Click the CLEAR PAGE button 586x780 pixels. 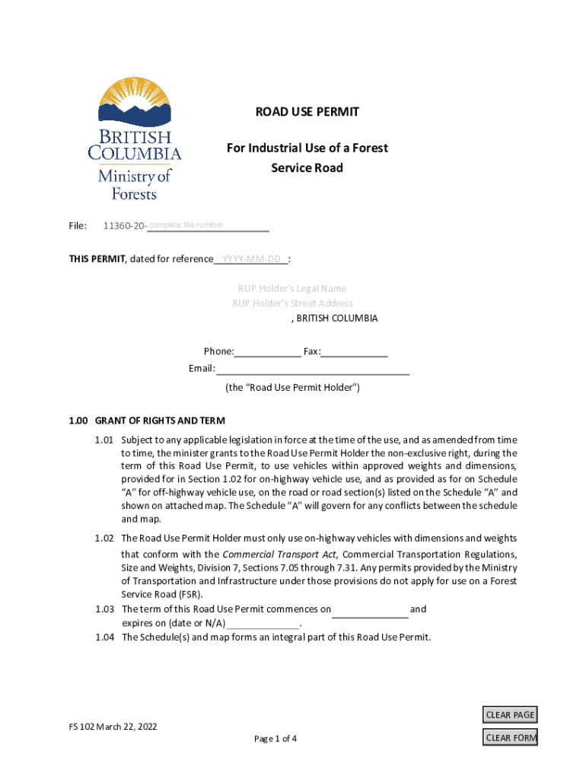point(510,714)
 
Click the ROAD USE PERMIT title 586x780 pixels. point(307,112)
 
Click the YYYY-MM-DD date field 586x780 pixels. point(250,259)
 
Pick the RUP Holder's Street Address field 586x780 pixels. point(292,303)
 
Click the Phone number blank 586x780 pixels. point(267,351)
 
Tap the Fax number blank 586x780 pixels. point(355,351)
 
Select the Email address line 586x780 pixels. point(313,369)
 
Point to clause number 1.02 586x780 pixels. point(104,539)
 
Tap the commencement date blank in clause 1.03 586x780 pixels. point(370,609)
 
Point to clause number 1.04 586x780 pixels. point(104,638)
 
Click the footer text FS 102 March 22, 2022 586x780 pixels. point(113,727)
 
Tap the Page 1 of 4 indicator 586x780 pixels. point(275,739)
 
